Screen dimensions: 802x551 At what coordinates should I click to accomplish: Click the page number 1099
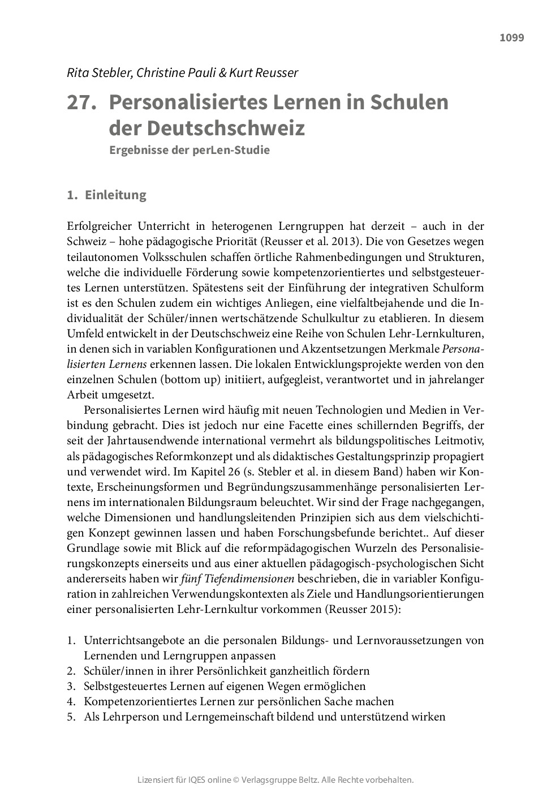pos(511,38)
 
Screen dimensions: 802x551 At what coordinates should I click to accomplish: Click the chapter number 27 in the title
pos(79,102)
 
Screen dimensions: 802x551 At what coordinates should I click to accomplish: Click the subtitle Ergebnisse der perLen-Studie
pos(190,151)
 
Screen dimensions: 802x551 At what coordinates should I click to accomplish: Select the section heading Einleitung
pos(115,195)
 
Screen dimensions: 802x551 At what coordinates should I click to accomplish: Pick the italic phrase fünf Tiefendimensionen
pos(238,579)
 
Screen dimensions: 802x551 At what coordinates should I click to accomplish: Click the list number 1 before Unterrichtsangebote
pos(71,641)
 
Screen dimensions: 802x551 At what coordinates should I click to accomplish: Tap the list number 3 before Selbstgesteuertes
pos(71,687)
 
